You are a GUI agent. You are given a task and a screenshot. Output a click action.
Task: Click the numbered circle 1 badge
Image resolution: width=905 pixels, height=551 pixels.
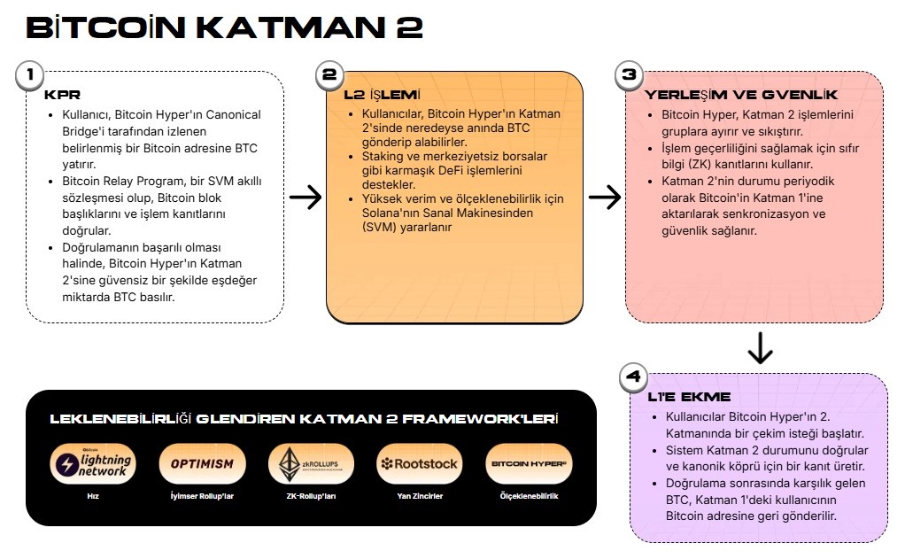29,75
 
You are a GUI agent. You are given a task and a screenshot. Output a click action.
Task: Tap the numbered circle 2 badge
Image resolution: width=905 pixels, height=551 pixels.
329,75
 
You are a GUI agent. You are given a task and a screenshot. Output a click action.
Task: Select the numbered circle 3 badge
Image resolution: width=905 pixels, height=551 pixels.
629,75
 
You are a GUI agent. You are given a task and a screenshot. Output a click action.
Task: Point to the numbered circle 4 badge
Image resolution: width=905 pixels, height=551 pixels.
633,377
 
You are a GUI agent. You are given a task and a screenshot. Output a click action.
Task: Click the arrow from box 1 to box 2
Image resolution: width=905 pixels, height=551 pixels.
306,197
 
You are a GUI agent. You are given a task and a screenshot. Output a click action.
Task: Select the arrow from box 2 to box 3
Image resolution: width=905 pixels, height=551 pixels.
605,197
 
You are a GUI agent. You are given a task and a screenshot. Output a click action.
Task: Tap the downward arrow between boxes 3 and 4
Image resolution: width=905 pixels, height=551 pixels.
760,347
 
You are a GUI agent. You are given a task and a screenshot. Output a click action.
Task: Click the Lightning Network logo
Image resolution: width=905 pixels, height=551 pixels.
93,464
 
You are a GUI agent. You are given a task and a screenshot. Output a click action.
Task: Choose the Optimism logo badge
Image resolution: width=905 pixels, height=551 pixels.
202,464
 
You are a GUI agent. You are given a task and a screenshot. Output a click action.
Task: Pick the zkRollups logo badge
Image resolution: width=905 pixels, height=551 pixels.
311,464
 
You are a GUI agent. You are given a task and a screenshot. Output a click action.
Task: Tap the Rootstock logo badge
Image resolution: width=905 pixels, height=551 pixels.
420,464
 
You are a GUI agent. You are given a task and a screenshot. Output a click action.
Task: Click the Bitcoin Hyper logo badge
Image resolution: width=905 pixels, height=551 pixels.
529,464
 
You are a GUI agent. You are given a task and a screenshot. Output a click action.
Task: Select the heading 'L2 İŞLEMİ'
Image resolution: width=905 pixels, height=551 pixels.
382,95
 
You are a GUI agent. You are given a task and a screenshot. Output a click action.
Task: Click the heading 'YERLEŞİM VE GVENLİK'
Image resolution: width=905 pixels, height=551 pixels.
740,95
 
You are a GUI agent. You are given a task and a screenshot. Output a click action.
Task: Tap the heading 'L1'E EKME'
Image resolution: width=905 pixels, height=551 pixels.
689,397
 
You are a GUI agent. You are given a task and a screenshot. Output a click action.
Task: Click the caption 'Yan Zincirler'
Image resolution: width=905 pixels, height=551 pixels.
420,496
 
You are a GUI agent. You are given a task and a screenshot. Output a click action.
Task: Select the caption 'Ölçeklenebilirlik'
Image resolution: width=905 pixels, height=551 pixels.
529,496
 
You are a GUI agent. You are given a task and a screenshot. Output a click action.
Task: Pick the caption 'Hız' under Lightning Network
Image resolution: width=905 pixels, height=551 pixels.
93,496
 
